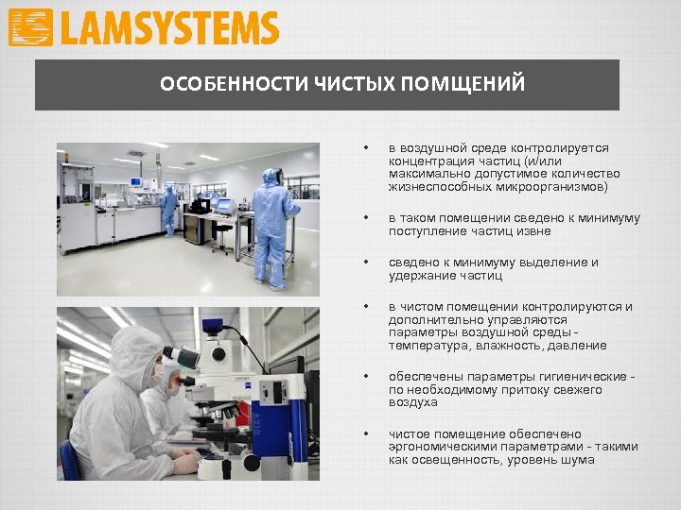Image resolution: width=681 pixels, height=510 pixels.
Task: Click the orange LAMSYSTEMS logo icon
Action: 30,28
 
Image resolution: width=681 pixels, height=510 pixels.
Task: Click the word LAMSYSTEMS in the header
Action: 169,28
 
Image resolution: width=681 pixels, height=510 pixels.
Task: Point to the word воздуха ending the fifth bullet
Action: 412,402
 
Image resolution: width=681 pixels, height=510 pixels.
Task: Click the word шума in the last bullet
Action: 576,460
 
